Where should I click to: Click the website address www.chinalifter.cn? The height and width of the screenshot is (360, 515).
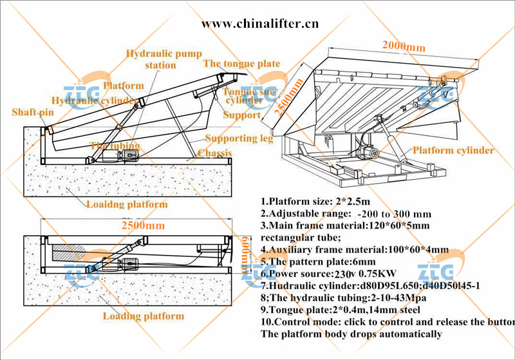[x=260, y=24]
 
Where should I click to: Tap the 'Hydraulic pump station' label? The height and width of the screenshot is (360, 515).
[x=164, y=59]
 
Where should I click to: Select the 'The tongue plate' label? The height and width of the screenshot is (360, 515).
[x=241, y=64]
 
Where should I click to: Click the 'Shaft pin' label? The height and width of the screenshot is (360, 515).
[x=32, y=113]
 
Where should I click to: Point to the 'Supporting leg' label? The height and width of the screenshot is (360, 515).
[x=239, y=138]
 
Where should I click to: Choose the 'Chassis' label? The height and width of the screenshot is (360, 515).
[x=216, y=153]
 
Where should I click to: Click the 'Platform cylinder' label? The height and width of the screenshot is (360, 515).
[x=453, y=151]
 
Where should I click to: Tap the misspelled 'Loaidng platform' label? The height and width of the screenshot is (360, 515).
[x=126, y=205]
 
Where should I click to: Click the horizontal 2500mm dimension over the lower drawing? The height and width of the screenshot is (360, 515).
[x=144, y=226]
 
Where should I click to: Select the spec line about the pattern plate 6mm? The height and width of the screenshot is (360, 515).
[x=317, y=262]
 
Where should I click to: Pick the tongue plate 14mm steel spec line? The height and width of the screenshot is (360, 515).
[x=342, y=310]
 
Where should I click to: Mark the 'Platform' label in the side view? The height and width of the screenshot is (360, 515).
[x=124, y=86]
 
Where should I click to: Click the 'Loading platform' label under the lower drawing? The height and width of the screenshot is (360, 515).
[x=144, y=316]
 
